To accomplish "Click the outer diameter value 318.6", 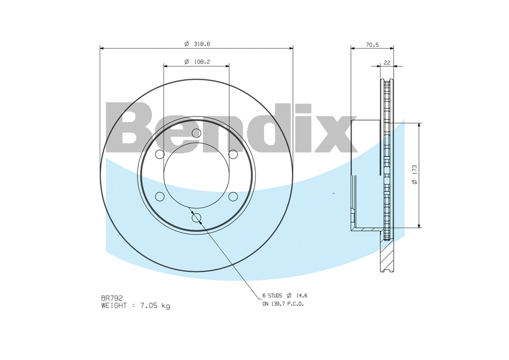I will [x=201, y=44].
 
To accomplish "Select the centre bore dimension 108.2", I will [x=201, y=61].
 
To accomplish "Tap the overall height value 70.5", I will [x=372, y=44].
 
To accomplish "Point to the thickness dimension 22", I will [x=387, y=62].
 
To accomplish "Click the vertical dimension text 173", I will [x=415, y=170].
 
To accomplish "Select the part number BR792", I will [x=112, y=298].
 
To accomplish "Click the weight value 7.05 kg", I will [x=155, y=305].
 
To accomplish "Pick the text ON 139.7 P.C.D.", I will [x=283, y=304].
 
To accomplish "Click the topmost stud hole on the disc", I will [x=196, y=134].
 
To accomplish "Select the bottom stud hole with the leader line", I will [x=196, y=218].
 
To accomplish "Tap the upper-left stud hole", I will [x=160, y=155].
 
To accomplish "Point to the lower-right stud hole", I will [x=233, y=196].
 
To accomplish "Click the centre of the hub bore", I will [x=196, y=176].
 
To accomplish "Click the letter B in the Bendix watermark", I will [x=133, y=127].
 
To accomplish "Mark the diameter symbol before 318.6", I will [x=187, y=44].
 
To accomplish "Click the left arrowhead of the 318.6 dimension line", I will [x=103, y=47].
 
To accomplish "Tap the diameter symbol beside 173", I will [x=415, y=182].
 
